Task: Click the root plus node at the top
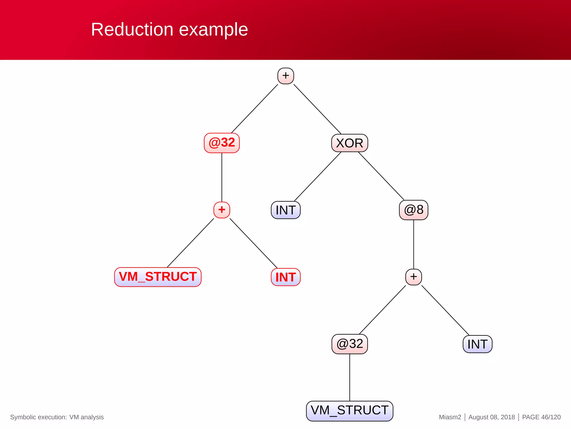click(285, 76)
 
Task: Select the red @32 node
click(222, 143)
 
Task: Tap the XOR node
click(349, 143)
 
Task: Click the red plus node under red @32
click(222, 210)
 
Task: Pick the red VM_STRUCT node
click(158, 277)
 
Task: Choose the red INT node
click(285, 277)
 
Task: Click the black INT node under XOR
click(285, 210)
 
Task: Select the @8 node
click(413, 210)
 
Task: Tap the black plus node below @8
click(413, 277)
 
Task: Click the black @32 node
click(349, 344)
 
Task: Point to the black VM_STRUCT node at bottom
click(349, 411)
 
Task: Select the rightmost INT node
click(477, 344)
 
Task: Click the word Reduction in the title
click(132, 29)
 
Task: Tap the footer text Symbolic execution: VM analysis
click(57, 417)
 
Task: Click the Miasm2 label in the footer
click(450, 417)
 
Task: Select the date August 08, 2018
click(491, 417)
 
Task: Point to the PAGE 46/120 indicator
click(541, 417)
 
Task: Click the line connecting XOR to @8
click(381, 176)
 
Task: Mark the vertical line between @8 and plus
click(413, 244)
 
